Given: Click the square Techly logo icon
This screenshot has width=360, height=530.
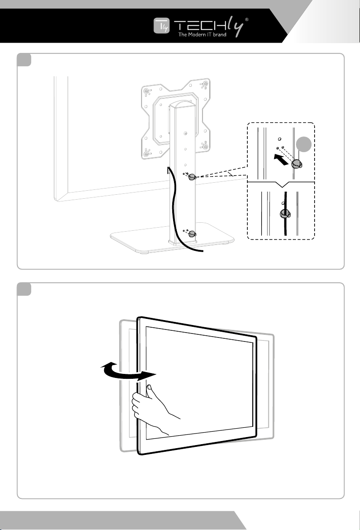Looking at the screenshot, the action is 162,26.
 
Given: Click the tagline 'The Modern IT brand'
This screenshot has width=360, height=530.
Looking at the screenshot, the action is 202,35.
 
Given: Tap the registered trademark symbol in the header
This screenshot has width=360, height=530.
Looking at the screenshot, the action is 247,20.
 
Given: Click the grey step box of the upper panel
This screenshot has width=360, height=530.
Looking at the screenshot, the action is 24,60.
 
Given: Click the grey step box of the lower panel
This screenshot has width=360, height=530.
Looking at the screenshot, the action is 24,289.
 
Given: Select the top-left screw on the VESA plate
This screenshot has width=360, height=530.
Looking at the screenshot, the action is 146,91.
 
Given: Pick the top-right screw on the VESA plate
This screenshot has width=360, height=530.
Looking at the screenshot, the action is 204,84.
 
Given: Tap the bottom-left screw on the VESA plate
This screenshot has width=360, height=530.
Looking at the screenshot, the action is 146,153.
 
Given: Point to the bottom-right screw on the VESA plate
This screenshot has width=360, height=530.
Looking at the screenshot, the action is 204,146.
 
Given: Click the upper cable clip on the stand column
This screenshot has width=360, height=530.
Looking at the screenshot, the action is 193,177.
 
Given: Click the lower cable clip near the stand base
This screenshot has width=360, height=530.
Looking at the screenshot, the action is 193,233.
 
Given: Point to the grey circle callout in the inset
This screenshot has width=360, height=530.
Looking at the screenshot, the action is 303,145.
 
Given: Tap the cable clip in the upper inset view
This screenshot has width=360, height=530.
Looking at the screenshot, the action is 297,164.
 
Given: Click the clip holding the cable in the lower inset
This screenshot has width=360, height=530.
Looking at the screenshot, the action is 285,213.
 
